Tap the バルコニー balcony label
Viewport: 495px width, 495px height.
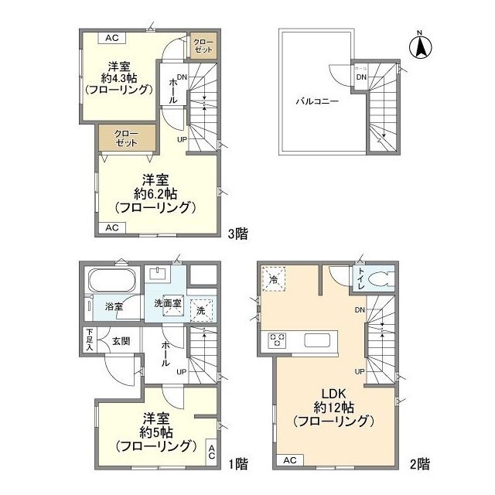[x=314, y=101]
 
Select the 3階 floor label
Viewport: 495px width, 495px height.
[x=237, y=232]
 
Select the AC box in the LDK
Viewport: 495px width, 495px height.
[x=290, y=461]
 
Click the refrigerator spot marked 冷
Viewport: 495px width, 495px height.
[x=274, y=279]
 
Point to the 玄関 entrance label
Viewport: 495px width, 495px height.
[x=121, y=340]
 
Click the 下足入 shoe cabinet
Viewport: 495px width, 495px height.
[x=89, y=341]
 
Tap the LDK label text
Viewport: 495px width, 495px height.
[x=333, y=391]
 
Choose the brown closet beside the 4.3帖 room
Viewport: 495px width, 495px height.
[x=204, y=45]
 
